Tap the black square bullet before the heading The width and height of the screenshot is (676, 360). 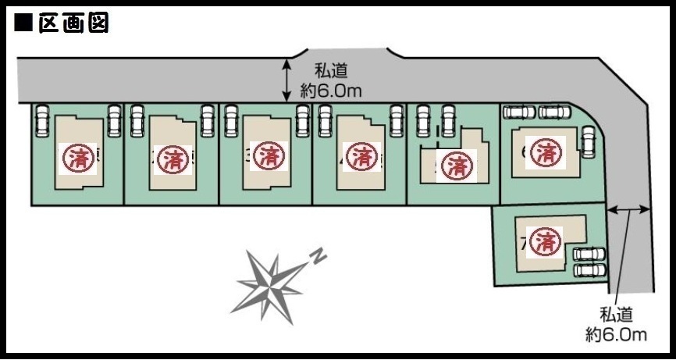click(23, 24)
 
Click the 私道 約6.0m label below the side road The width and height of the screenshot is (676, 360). click(617, 325)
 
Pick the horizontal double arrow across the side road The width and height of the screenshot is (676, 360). click(628, 209)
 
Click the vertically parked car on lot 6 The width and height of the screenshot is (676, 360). click(588, 141)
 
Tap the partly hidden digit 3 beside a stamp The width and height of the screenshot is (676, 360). click(247, 154)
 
